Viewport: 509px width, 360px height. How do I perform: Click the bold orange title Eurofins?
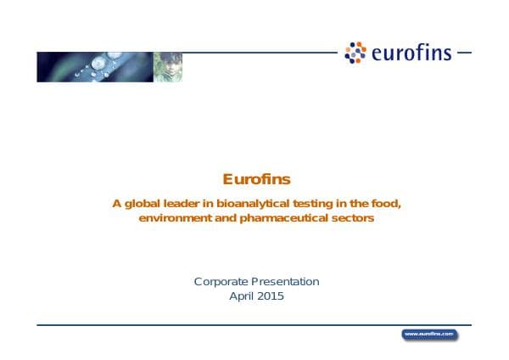click(256, 179)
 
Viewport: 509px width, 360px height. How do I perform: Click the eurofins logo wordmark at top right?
click(411, 54)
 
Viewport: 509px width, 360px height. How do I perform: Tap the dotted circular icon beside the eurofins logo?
click(355, 53)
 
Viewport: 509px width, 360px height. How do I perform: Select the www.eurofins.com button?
click(429, 334)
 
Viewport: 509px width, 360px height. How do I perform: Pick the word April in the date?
click(242, 296)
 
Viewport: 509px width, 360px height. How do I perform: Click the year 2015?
click(271, 296)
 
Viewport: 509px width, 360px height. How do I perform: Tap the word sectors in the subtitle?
click(355, 218)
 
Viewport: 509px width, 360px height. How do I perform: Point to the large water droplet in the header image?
click(100, 61)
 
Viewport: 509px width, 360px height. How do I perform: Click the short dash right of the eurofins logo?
click(463, 53)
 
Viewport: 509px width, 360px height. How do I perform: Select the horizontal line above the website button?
click(255, 324)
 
